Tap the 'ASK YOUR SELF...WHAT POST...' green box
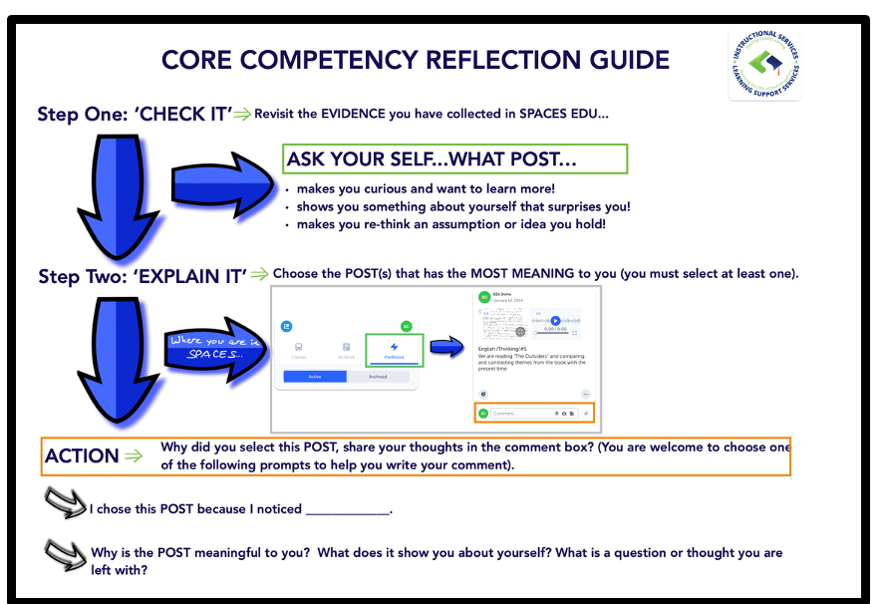coord(455,159)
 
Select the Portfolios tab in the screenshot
coord(394,350)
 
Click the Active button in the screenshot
coord(315,377)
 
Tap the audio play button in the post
coord(555,321)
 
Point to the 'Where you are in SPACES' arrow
coord(213,348)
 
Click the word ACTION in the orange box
coord(82,456)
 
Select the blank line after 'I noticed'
coord(347,511)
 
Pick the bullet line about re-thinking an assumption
coord(450,225)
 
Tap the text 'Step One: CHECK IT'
coord(135,114)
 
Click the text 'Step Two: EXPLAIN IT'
coord(142,276)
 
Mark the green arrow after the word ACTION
coord(134,456)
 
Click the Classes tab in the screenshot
coord(298,350)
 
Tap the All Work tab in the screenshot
coord(346,350)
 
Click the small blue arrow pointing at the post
coord(447,347)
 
